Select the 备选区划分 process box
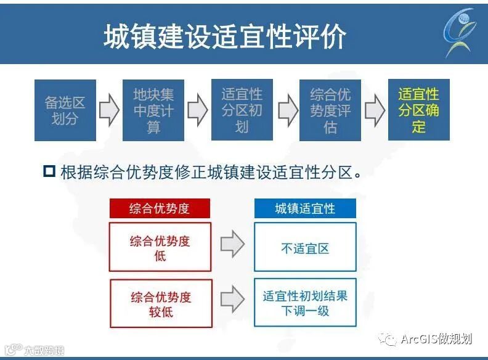click(65, 110)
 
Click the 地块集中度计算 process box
click(153, 110)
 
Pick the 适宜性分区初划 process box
click(242, 110)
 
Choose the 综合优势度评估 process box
click(330, 110)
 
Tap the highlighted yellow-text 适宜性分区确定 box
click(419, 110)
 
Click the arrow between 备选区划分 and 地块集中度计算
click(109, 110)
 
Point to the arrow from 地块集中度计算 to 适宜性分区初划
click(198, 110)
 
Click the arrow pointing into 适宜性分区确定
click(375, 110)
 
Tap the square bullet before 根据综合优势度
click(50, 171)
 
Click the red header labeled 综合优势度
click(160, 208)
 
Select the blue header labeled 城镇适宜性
click(305, 208)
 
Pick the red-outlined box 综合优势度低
click(160, 247)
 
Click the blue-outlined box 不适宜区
click(305, 247)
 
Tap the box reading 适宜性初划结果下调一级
click(305, 303)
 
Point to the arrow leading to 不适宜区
click(232, 246)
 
